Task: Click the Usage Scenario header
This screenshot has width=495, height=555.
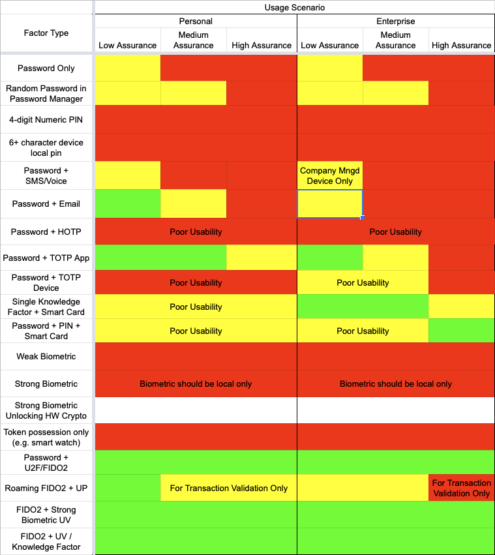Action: click(x=295, y=7)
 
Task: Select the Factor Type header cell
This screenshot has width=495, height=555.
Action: click(x=46, y=33)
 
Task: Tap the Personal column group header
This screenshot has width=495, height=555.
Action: click(x=196, y=21)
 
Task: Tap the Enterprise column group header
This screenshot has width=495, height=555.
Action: click(x=395, y=21)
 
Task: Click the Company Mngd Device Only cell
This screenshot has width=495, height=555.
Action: click(x=330, y=175)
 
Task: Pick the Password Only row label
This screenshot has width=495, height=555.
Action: click(x=46, y=68)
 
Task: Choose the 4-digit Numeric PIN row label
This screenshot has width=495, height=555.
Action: click(x=46, y=119)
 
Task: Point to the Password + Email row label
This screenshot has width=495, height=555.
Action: click(x=46, y=203)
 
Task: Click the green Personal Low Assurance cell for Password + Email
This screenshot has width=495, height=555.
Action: click(x=128, y=203)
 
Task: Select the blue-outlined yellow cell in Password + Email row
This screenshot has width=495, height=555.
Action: click(x=330, y=203)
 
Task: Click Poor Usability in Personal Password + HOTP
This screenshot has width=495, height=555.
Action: click(x=196, y=232)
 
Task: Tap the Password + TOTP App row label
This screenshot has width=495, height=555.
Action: click(x=46, y=258)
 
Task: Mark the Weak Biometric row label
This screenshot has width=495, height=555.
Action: click(x=46, y=356)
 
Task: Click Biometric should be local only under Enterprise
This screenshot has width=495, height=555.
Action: click(x=395, y=383)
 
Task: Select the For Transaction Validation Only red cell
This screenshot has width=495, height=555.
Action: click(x=461, y=488)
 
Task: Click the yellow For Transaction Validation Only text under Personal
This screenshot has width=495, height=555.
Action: click(x=228, y=488)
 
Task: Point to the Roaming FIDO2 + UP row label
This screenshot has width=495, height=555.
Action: click(x=46, y=488)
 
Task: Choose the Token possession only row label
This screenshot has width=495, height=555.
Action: click(x=46, y=437)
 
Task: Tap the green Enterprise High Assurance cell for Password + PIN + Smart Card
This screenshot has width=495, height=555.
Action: click(x=461, y=331)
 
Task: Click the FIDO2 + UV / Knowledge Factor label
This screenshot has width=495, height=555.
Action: click(x=46, y=541)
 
